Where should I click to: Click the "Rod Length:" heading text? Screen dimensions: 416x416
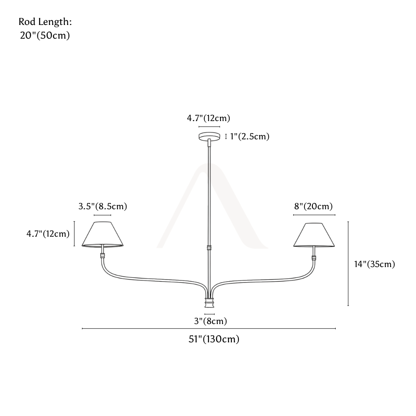click(45, 22)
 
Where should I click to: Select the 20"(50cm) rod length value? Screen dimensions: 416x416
click(45, 35)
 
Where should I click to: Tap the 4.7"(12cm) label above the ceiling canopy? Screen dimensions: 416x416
click(208, 118)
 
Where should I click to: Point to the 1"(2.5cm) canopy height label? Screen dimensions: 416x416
click(250, 136)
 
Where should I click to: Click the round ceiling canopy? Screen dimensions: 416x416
click(209, 136)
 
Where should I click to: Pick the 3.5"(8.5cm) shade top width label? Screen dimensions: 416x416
click(103, 206)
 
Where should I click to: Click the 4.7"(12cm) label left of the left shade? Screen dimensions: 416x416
click(48, 234)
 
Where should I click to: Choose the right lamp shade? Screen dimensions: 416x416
click(314, 235)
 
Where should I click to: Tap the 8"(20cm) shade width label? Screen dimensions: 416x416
click(313, 206)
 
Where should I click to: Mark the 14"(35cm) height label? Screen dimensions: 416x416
click(375, 264)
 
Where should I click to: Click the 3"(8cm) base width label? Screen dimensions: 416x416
click(210, 321)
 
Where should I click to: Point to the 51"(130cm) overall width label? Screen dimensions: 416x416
click(214, 339)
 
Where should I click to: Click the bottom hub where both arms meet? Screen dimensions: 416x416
click(209, 302)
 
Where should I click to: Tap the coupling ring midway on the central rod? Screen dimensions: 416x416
click(209, 248)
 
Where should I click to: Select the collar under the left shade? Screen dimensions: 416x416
click(102, 256)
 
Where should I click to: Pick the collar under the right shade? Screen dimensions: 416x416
click(314, 258)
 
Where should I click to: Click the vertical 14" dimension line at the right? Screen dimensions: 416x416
click(348, 264)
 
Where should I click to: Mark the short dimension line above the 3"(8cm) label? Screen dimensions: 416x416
click(209, 314)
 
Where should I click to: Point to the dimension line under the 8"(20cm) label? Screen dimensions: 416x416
click(314, 215)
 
